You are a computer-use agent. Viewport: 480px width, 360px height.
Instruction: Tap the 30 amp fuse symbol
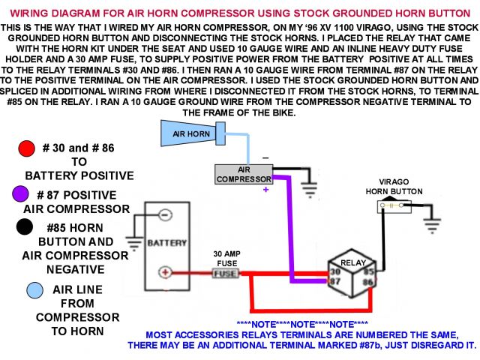(225, 274)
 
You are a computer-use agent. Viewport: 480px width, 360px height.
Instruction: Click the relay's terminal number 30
(334, 271)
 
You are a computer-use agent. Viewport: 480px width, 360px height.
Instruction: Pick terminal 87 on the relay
(334, 281)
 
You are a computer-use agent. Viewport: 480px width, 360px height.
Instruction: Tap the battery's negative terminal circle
(165, 213)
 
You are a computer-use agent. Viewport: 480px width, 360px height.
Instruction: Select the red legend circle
(28, 148)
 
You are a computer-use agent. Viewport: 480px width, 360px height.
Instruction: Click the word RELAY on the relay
(352, 263)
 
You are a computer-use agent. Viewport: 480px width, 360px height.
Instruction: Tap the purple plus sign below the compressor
(265, 190)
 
